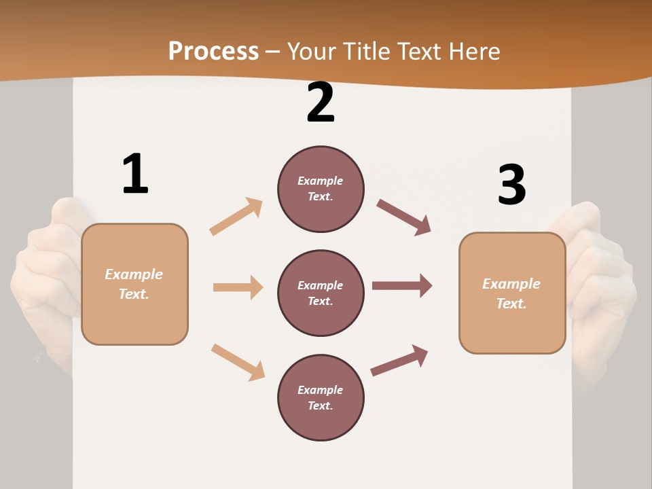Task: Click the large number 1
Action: pos(135,174)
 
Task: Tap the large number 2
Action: pos(321,103)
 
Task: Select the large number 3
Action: pos(511,185)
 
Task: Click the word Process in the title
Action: pos(213,51)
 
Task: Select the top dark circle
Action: pos(321,189)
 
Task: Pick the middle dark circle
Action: pos(321,293)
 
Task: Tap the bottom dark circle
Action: pos(321,397)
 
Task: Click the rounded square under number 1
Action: pos(134,284)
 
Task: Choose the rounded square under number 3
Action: pos(512,293)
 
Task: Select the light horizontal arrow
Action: pos(238,287)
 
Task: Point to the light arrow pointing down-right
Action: pos(238,362)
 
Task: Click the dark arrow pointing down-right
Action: pos(403,217)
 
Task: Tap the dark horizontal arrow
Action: pos(402,285)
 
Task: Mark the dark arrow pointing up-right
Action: pos(399,360)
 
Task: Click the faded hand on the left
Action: pos(44,278)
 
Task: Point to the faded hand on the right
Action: pos(604,285)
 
